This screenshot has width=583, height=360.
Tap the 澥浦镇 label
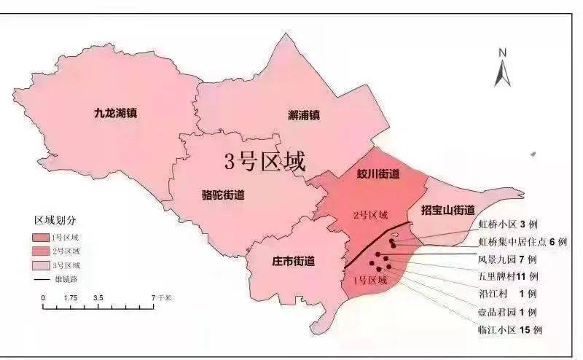(x=304, y=114)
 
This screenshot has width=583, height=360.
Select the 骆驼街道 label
(x=222, y=195)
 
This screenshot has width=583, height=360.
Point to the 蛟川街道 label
(x=378, y=174)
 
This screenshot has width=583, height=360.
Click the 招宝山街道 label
(x=453, y=210)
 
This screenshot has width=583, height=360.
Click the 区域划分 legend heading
(x=55, y=219)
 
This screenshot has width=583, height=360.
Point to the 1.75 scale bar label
(x=71, y=298)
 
